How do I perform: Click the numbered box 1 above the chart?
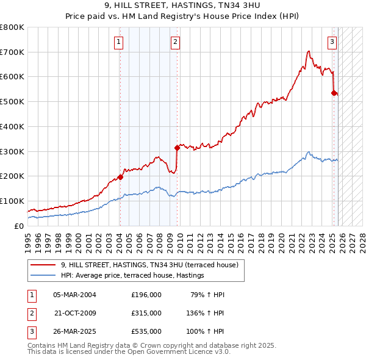tap(118, 42)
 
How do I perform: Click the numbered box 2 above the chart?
tap(175, 42)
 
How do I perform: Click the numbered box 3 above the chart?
tap(332, 42)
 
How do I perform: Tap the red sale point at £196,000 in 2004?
tap(120, 177)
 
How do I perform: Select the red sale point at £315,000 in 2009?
tap(177, 147)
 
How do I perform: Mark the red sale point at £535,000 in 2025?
tap(334, 93)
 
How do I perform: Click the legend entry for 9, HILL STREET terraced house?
tap(152, 265)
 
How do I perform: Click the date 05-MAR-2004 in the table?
tap(74, 295)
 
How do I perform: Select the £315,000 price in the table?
tap(146, 312)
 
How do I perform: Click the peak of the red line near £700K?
tap(309, 51)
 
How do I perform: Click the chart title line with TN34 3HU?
tap(183, 5)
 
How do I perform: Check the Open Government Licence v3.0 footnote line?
tap(129, 353)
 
